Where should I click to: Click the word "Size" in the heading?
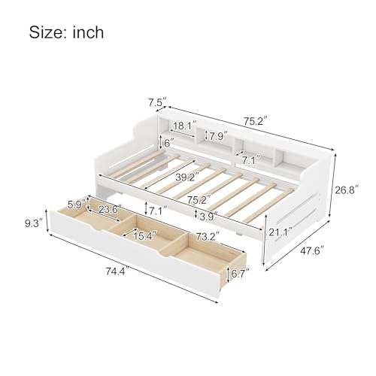coord(47,32)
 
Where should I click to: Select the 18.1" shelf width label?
coord(186,125)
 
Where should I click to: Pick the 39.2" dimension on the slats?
coord(177,179)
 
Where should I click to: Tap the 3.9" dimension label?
coord(211,217)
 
